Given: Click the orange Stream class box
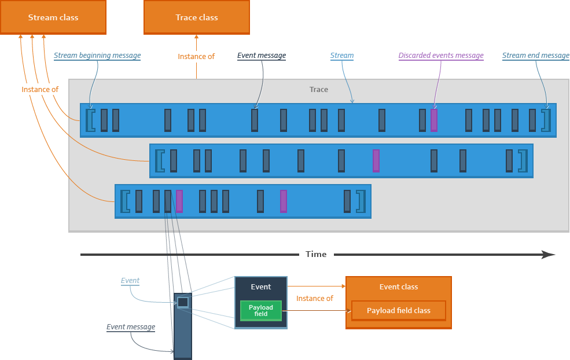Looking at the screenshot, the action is tap(53, 17).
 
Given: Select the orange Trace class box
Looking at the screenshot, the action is tap(197, 17).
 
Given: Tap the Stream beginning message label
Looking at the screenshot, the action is tap(97, 55).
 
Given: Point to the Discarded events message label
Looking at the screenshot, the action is tap(441, 55).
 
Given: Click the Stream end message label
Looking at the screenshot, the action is tap(536, 55).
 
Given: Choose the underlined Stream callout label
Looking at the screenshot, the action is tap(341, 55).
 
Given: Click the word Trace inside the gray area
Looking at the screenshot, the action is tap(319, 90).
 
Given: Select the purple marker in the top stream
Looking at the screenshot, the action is tap(433, 120).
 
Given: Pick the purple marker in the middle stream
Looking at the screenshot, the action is tap(376, 161).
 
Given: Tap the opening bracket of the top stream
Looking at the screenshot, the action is tap(90, 120).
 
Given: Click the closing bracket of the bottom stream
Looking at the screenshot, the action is tap(361, 201).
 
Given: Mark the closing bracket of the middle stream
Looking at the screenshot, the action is tap(523, 161).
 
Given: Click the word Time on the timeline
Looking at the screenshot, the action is tap(316, 254).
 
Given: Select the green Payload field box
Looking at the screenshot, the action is tap(260, 311).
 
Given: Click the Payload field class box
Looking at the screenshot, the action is tap(398, 311).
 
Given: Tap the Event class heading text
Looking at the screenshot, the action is tap(398, 287).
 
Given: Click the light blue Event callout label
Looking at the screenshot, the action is tap(130, 281).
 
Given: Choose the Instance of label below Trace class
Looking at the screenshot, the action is tap(196, 56).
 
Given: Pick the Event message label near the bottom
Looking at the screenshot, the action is tap(131, 327).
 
